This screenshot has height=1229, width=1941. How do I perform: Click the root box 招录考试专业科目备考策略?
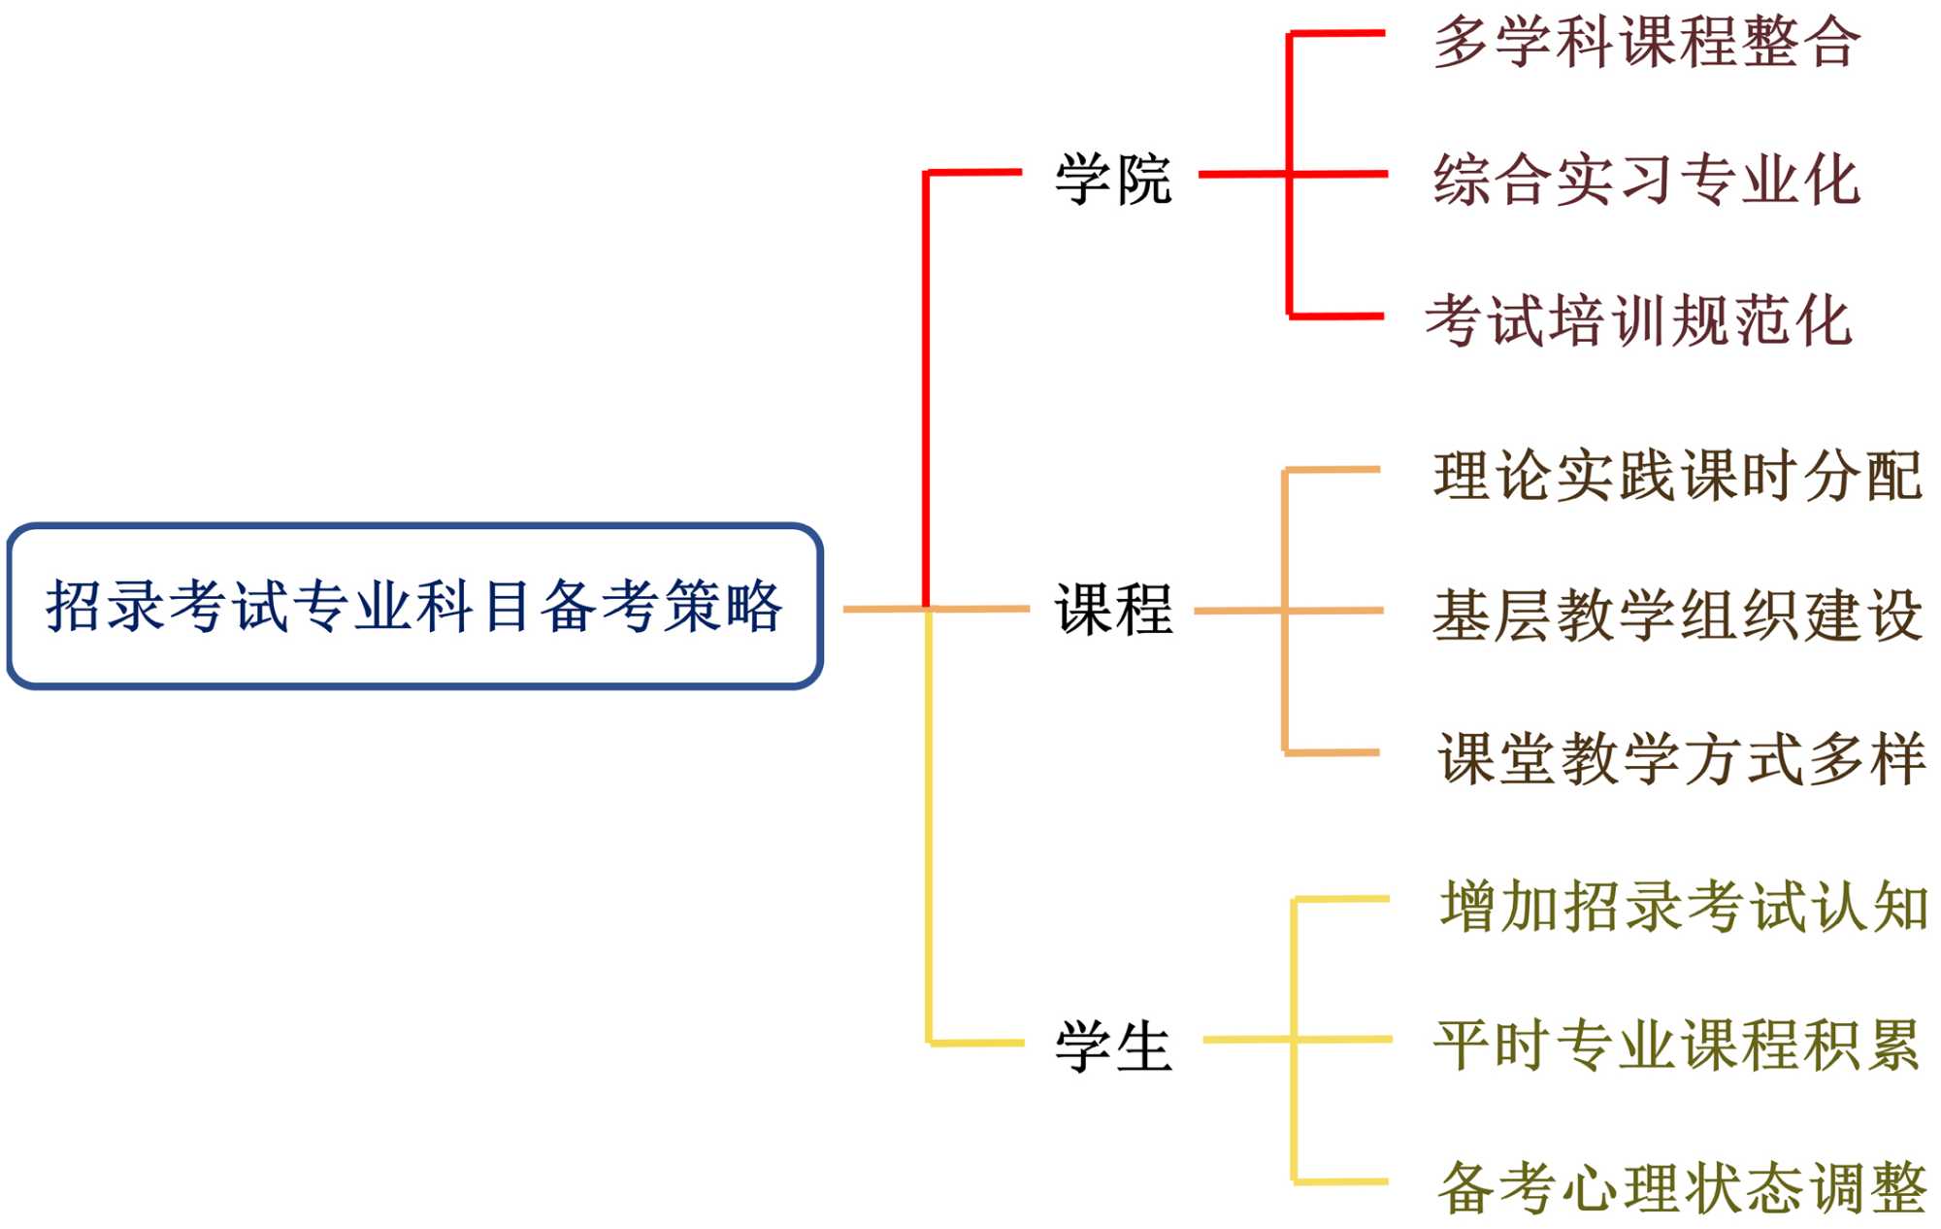tap(414, 607)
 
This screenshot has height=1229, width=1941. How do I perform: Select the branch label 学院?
tap(1113, 180)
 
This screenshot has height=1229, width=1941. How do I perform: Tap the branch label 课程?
tap(1113, 610)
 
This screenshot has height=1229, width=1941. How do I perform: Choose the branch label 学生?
tap(1113, 1046)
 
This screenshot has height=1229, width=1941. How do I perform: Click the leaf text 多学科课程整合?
tap(1647, 43)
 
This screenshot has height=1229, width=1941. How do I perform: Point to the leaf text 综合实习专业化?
tap(1647, 180)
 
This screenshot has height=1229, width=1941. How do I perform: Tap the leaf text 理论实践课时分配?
tap(1678, 476)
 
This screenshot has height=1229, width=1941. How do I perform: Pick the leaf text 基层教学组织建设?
tap(1678, 615)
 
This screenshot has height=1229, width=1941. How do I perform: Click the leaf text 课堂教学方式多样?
tap(1682, 758)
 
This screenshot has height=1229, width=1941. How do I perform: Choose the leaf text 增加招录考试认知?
tap(1684, 907)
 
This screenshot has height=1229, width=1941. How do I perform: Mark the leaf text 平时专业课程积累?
tap(1678, 1046)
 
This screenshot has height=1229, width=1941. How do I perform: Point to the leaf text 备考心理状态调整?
tap(1682, 1187)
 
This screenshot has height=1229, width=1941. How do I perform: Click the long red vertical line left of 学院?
tap(926, 388)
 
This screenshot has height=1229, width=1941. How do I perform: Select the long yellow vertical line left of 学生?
tap(929, 825)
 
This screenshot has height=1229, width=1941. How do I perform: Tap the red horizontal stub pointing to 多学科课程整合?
tap(1337, 34)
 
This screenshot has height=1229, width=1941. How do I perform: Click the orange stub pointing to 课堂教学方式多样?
tap(1332, 752)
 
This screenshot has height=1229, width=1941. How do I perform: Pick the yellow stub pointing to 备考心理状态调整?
tap(1341, 1181)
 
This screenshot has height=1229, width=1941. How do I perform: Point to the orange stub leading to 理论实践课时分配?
tap(1332, 470)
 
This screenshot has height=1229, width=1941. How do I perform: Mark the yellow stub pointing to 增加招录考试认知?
tap(1342, 900)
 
